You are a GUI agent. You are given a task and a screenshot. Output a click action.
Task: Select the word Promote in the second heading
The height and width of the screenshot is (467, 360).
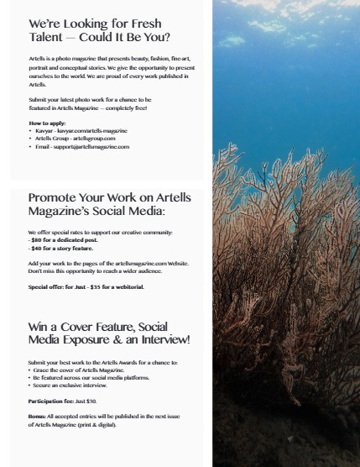(x=54, y=198)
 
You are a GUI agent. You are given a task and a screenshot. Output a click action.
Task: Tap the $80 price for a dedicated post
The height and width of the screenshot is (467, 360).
(x=38, y=241)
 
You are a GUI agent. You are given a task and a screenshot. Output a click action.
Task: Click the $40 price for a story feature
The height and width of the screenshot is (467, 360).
(x=38, y=249)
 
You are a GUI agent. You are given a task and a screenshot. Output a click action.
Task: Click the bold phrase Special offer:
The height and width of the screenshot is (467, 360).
(x=47, y=286)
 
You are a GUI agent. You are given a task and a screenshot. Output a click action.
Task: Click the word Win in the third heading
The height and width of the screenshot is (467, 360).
(x=39, y=326)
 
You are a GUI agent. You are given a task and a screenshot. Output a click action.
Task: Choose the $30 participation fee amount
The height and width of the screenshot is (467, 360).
(x=92, y=401)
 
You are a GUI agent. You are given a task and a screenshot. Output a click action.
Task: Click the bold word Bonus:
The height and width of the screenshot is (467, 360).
(x=39, y=416)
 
